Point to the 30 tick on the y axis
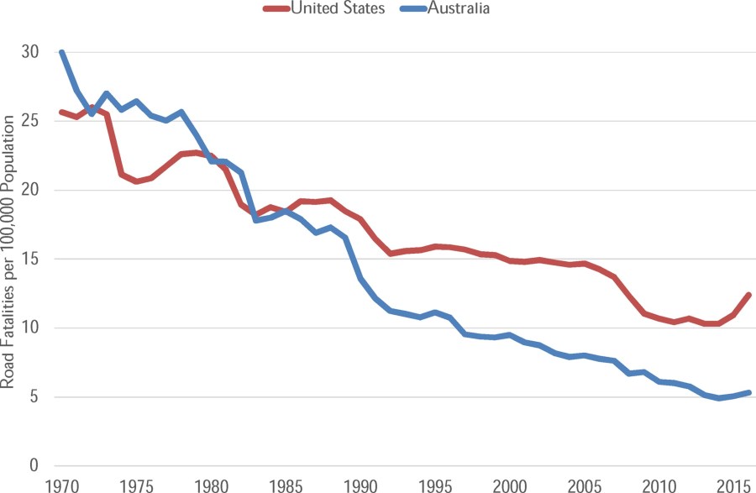(x=30, y=52)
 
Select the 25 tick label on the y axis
(x=30, y=121)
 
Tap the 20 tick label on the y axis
(x=30, y=190)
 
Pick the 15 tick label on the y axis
(x=30, y=259)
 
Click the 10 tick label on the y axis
(x=30, y=328)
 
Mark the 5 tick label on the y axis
(x=34, y=396)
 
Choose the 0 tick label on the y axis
(x=34, y=465)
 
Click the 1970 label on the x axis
(x=62, y=485)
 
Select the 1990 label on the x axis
(x=360, y=485)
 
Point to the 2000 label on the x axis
(x=510, y=485)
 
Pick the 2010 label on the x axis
(x=659, y=485)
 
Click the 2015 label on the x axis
(x=733, y=485)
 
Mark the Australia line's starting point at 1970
(x=62, y=53)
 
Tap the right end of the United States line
(x=748, y=295)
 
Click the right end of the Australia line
(x=748, y=392)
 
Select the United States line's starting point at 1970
(x=62, y=113)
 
